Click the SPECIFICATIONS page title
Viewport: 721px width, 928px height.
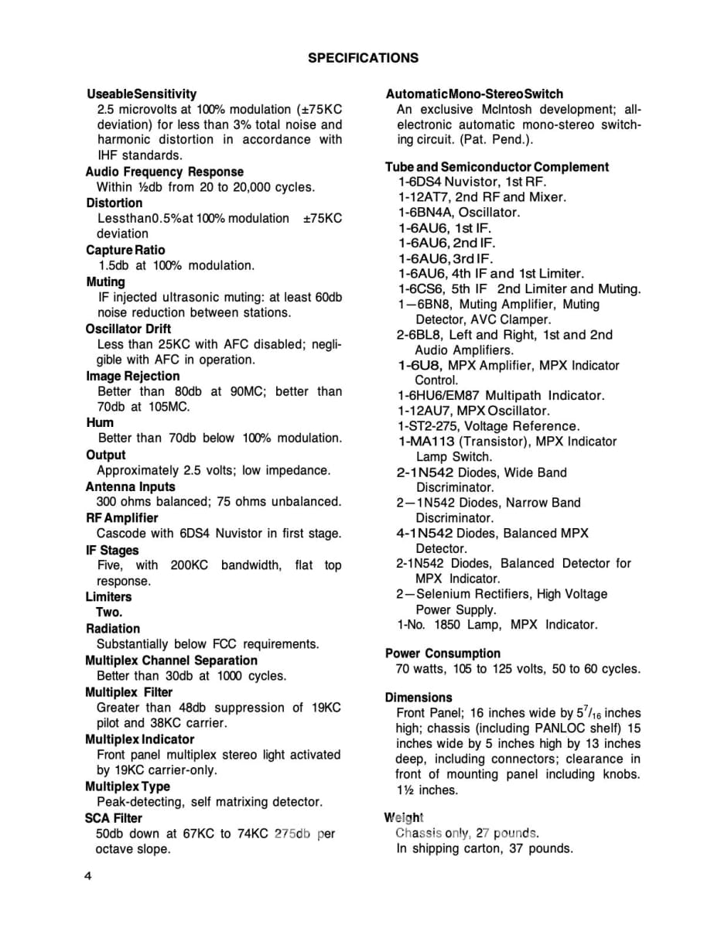pyautogui.click(x=363, y=58)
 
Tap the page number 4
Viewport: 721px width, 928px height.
pyautogui.click(x=89, y=876)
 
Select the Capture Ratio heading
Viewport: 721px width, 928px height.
pyautogui.click(x=125, y=250)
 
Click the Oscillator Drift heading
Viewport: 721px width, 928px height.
pyautogui.click(x=128, y=329)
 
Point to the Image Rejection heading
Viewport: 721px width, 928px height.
pyautogui.click(x=133, y=376)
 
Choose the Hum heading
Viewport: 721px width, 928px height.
pyautogui.click(x=100, y=423)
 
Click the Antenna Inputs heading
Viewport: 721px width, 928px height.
pyautogui.click(x=131, y=486)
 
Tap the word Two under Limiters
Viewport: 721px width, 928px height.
pyautogui.click(x=109, y=612)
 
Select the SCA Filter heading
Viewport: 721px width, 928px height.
pyautogui.click(x=114, y=817)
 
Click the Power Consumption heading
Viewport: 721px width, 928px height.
pyautogui.click(x=443, y=653)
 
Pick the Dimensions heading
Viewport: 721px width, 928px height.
pyautogui.click(x=419, y=698)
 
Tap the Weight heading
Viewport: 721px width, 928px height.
pyautogui.click(x=404, y=817)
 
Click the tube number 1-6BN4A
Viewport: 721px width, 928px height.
pyautogui.click(x=425, y=213)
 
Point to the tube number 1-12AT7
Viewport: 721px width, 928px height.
pyautogui.click(x=423, y=197)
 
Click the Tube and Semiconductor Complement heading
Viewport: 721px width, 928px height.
pyautogui.click(x=497, y=167)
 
